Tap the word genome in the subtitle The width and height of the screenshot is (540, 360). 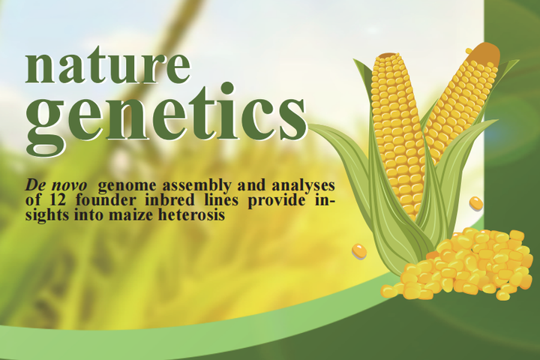(x=124, y=184)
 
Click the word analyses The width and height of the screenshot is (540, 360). (x=305, y=184)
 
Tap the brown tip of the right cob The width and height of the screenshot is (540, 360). (x=484, y=52)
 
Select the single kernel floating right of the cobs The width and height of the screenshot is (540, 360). (x=475, y=202)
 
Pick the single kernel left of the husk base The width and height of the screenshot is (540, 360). (x=359, y=250)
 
